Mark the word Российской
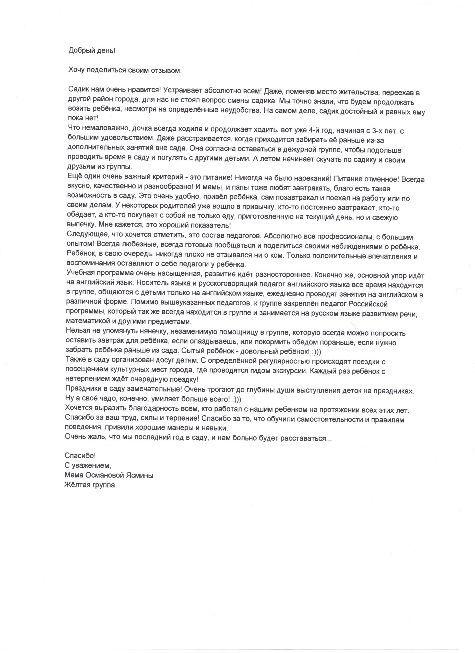coord(368,304)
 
